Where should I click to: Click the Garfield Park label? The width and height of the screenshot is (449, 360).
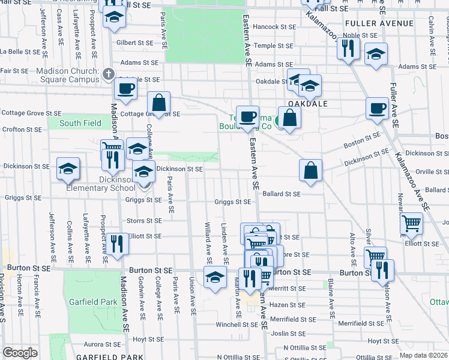pos(91,301)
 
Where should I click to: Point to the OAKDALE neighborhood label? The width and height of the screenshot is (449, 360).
pos(307,104)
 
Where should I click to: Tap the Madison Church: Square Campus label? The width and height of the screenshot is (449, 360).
pos(68,75)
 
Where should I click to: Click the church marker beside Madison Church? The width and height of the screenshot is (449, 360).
pos(108,74)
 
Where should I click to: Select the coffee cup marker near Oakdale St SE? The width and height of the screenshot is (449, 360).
pos(125,89)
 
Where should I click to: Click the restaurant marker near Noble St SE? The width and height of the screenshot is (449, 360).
pos(348,47)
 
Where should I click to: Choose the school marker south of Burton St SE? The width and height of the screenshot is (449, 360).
pos(215,277)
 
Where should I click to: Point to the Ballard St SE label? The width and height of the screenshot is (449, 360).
pos(281,194)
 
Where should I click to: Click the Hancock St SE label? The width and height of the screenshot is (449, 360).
pos(274,27)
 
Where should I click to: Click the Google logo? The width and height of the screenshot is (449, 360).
pos(20,352)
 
